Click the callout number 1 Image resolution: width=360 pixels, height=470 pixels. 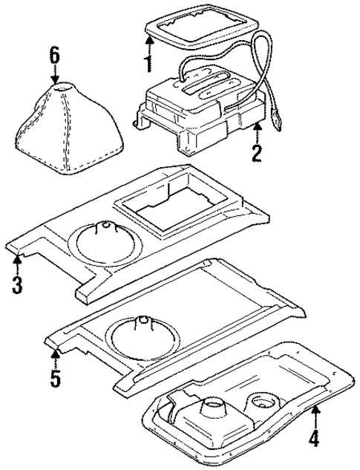coord(148,59)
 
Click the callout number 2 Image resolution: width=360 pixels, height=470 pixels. coord(256,154)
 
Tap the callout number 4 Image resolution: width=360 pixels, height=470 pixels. coord(314,438)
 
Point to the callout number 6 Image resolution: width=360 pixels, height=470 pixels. coord(53,54)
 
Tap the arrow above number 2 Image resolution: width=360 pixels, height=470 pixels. coord(256,134)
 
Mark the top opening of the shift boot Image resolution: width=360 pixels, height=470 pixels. coord(63,88)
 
